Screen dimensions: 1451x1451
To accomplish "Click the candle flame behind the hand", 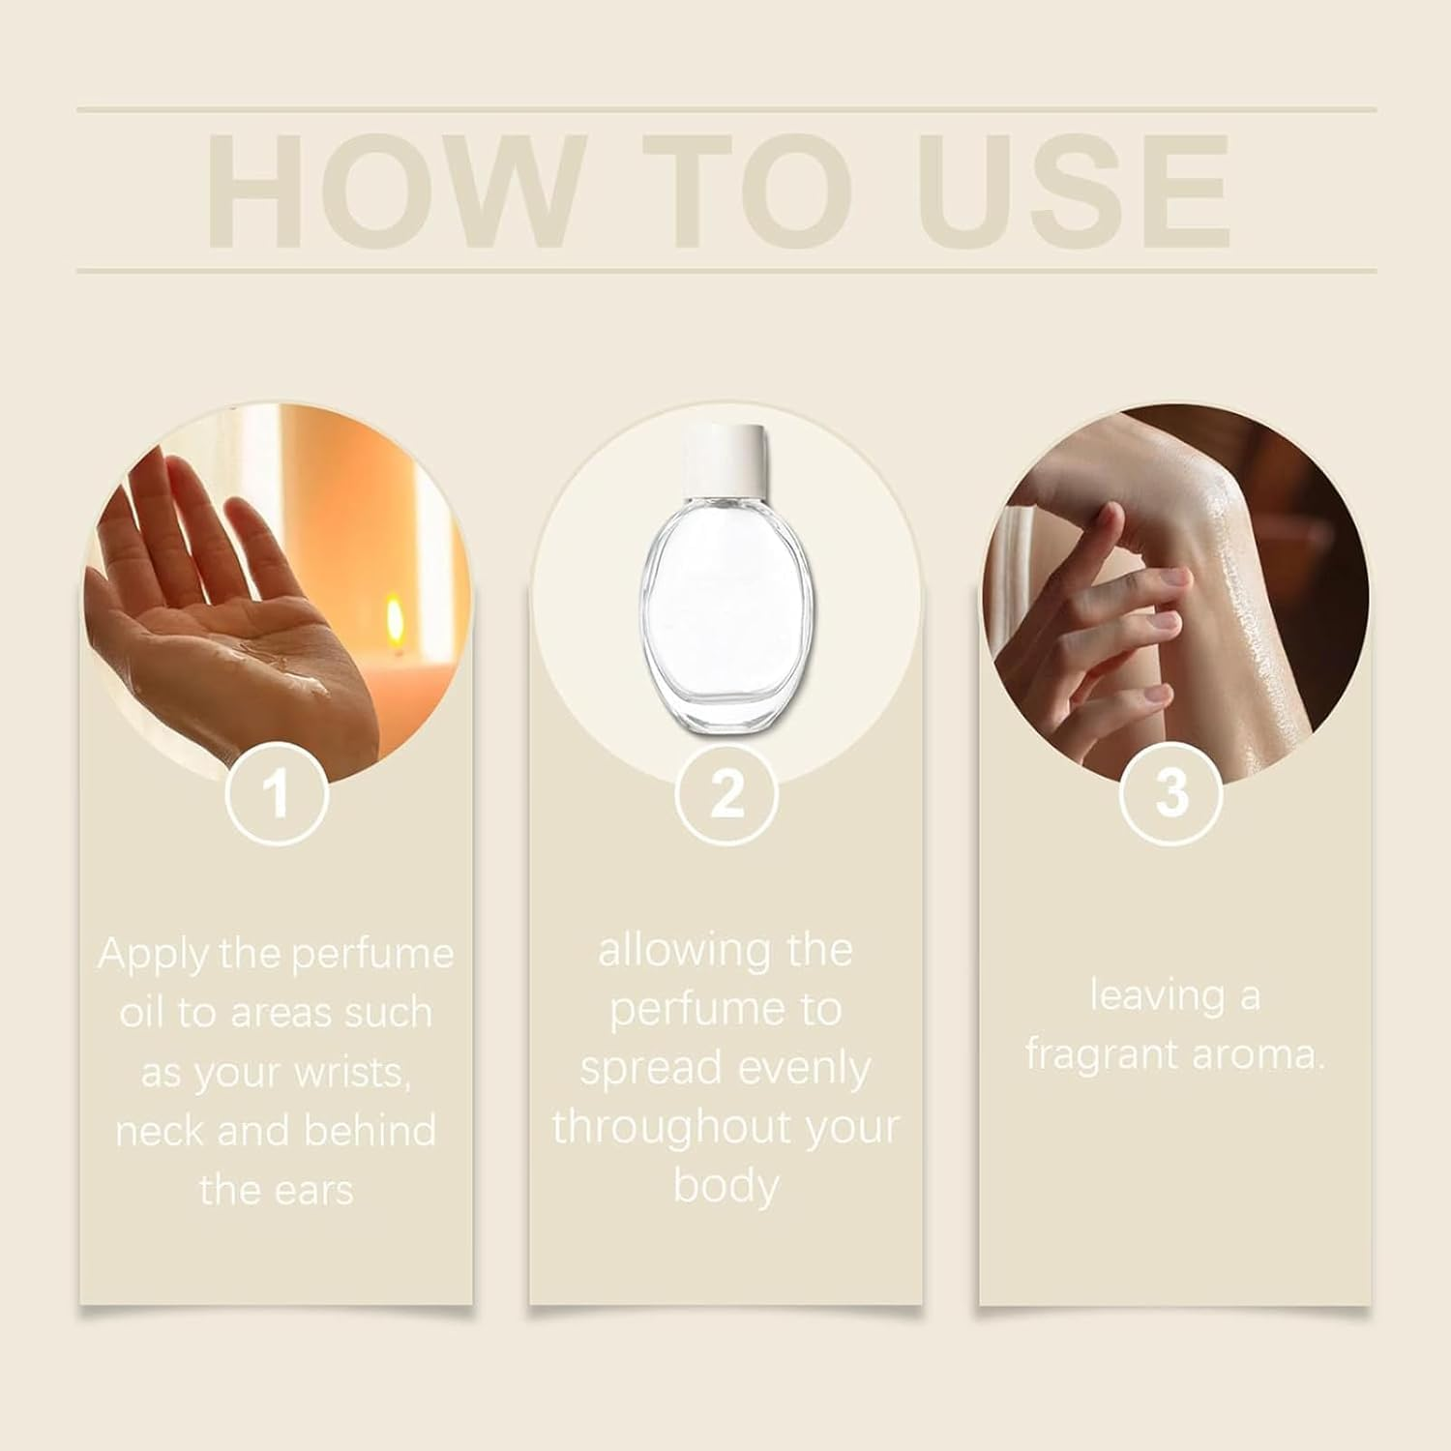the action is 395,615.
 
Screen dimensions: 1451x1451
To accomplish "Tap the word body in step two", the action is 725,1187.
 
